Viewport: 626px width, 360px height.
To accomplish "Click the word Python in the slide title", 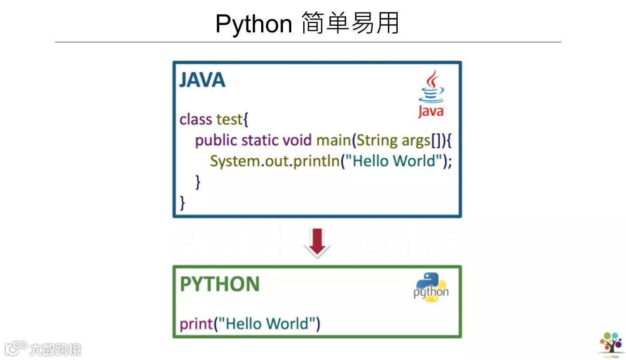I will [254, 24].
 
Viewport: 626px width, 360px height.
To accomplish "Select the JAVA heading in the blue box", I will [202, 80].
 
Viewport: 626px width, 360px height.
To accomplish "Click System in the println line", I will [235, 161].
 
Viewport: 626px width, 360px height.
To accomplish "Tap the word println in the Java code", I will [317, 161].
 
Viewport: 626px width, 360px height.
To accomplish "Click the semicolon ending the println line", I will [450, 162].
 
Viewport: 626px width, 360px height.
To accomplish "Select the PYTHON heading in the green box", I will [220, 284].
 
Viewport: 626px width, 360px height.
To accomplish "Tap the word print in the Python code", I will [196, 324].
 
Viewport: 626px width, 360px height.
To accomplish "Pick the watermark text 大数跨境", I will [55, 349].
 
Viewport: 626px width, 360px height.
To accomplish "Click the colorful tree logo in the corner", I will [611, 343].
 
